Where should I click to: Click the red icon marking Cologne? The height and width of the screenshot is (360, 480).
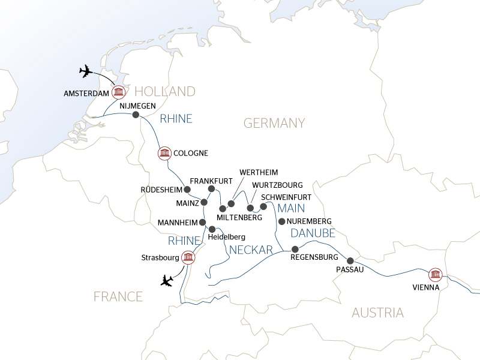click(x=164, y=154)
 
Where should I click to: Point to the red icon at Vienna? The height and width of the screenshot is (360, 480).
click(x=435, y=274)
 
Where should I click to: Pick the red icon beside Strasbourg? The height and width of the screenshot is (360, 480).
click(x=189, y=258)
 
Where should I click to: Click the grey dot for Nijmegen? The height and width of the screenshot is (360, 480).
click(x=136, y=115)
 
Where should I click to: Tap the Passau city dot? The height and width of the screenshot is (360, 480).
click(x=350, y=261)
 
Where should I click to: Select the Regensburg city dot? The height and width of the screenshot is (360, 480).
click(x=295, y=249)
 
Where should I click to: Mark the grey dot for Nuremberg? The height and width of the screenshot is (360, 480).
click(x=281, y=221)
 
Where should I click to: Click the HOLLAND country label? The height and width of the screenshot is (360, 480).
click(x=165, y=91)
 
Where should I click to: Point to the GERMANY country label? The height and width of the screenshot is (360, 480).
click(x=274, y=123)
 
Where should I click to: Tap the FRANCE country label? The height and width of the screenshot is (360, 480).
click(x=118, y=296)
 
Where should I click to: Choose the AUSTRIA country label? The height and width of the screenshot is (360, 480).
click(x=377, y=312)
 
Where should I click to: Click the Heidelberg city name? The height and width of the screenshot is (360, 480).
click(x=226, y=237)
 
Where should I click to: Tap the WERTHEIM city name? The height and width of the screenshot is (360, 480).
click(x=259, y=173)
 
